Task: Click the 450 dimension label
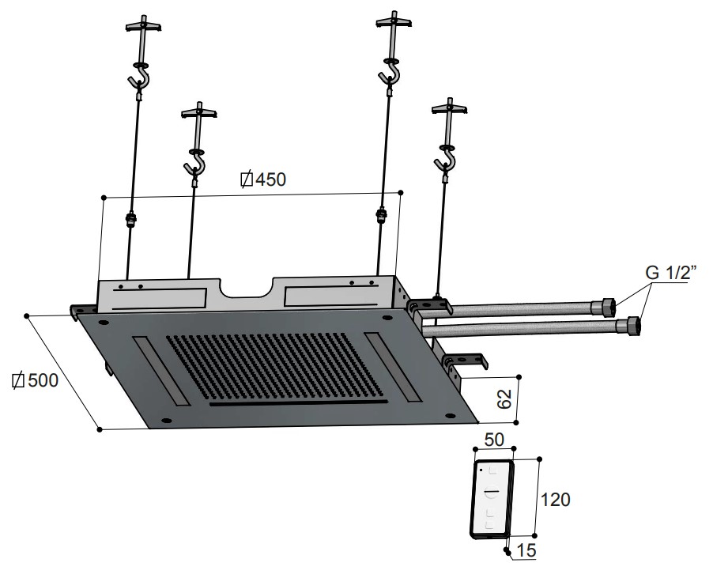263,179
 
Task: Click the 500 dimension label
35,380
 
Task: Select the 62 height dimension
504,399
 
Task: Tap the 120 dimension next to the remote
555,500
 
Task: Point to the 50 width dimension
494,440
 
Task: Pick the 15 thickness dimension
526,550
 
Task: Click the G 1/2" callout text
670,273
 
